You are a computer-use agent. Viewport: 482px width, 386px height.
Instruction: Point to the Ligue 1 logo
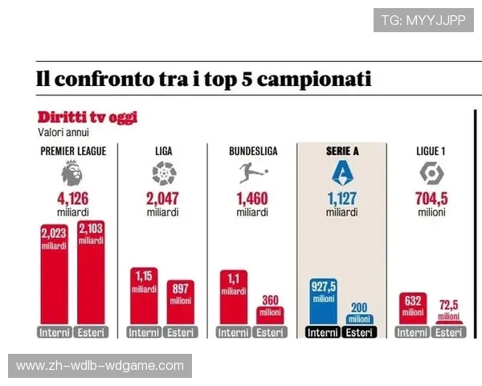(x=431, y=173)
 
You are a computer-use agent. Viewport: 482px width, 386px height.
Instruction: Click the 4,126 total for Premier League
(x=72, y=199)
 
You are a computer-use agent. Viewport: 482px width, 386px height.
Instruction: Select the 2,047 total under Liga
(x=163, y=199)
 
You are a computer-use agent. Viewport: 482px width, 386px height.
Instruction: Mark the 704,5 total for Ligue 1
(x=431, y=199)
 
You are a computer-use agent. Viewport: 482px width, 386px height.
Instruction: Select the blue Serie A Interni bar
(x=324, y=302)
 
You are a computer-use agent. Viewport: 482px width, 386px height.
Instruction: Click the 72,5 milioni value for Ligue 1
(x=450, y=309)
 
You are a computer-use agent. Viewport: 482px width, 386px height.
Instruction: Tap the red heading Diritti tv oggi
(x=87, y=117)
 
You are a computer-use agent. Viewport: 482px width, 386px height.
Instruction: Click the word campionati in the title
(x=314, y=80)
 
